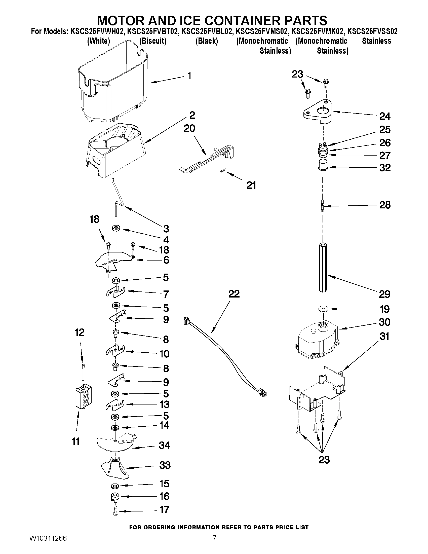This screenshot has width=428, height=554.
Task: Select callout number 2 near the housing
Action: coord(192,115)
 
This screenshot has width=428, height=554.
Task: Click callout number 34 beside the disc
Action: coord(164,445)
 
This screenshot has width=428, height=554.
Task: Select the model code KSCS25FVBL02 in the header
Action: coord(207,31)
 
